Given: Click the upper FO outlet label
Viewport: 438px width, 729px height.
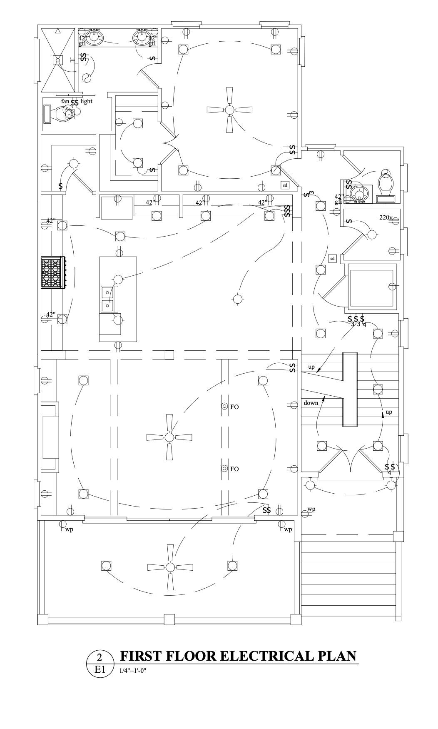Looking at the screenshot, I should point(234,407).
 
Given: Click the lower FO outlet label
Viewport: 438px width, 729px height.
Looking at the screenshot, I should point(234,469).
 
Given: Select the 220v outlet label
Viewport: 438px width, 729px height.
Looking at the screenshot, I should point(386,217).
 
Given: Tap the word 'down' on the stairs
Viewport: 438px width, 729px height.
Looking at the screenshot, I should point(311,403).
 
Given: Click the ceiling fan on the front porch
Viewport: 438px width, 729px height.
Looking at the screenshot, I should point(170,567).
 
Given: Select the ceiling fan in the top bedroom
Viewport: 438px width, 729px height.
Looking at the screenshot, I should point(229,110).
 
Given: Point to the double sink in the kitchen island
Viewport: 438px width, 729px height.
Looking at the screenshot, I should point(108,299).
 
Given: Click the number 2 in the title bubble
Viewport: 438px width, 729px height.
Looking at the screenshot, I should point(99,657).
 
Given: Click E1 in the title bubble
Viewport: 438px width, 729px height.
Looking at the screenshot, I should point(99,669).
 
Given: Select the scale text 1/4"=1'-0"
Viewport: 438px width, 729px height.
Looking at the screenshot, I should point(133,671).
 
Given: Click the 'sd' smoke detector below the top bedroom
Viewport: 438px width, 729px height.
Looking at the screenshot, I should point(285,185).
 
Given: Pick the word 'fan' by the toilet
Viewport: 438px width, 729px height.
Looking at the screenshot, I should point(65,101).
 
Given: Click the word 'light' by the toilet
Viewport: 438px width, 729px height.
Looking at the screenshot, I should point(86,101).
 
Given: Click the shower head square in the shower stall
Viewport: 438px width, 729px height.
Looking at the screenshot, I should point(58,60).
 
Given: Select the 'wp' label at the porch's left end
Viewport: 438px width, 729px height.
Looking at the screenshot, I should point(69,529).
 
